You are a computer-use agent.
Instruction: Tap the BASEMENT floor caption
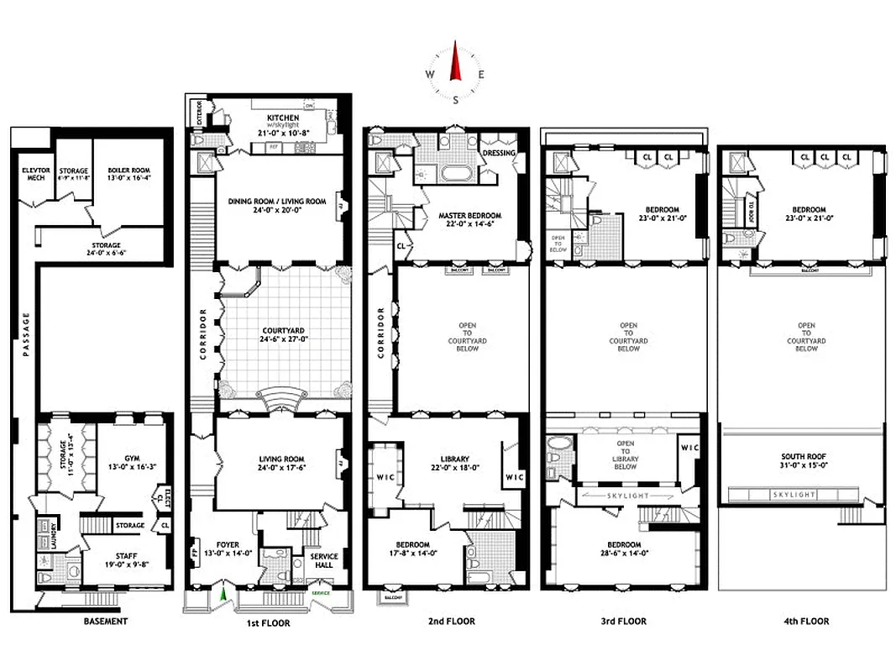pyautogui.click(x=105, y=622)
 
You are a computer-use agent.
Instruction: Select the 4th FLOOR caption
pyautogui.click(x=807, y=622)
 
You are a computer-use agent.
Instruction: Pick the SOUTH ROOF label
pyautogui.click(x=805, y=457)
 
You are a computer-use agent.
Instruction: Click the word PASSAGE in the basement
pyautogui.click(x=26, y=334)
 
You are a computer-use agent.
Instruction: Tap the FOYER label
pyautogui.click(x=228, y=544)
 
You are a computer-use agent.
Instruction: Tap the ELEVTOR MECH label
pyautogui.click(x=36, y=175)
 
